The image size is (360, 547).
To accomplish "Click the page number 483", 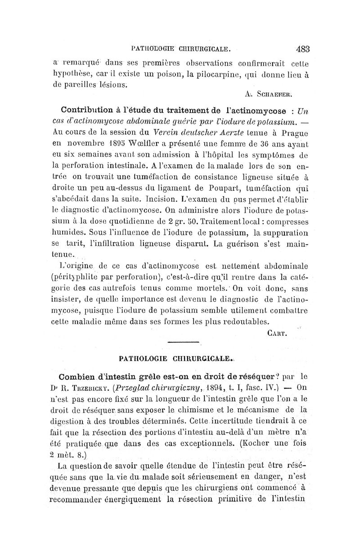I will [x=306, y=48].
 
